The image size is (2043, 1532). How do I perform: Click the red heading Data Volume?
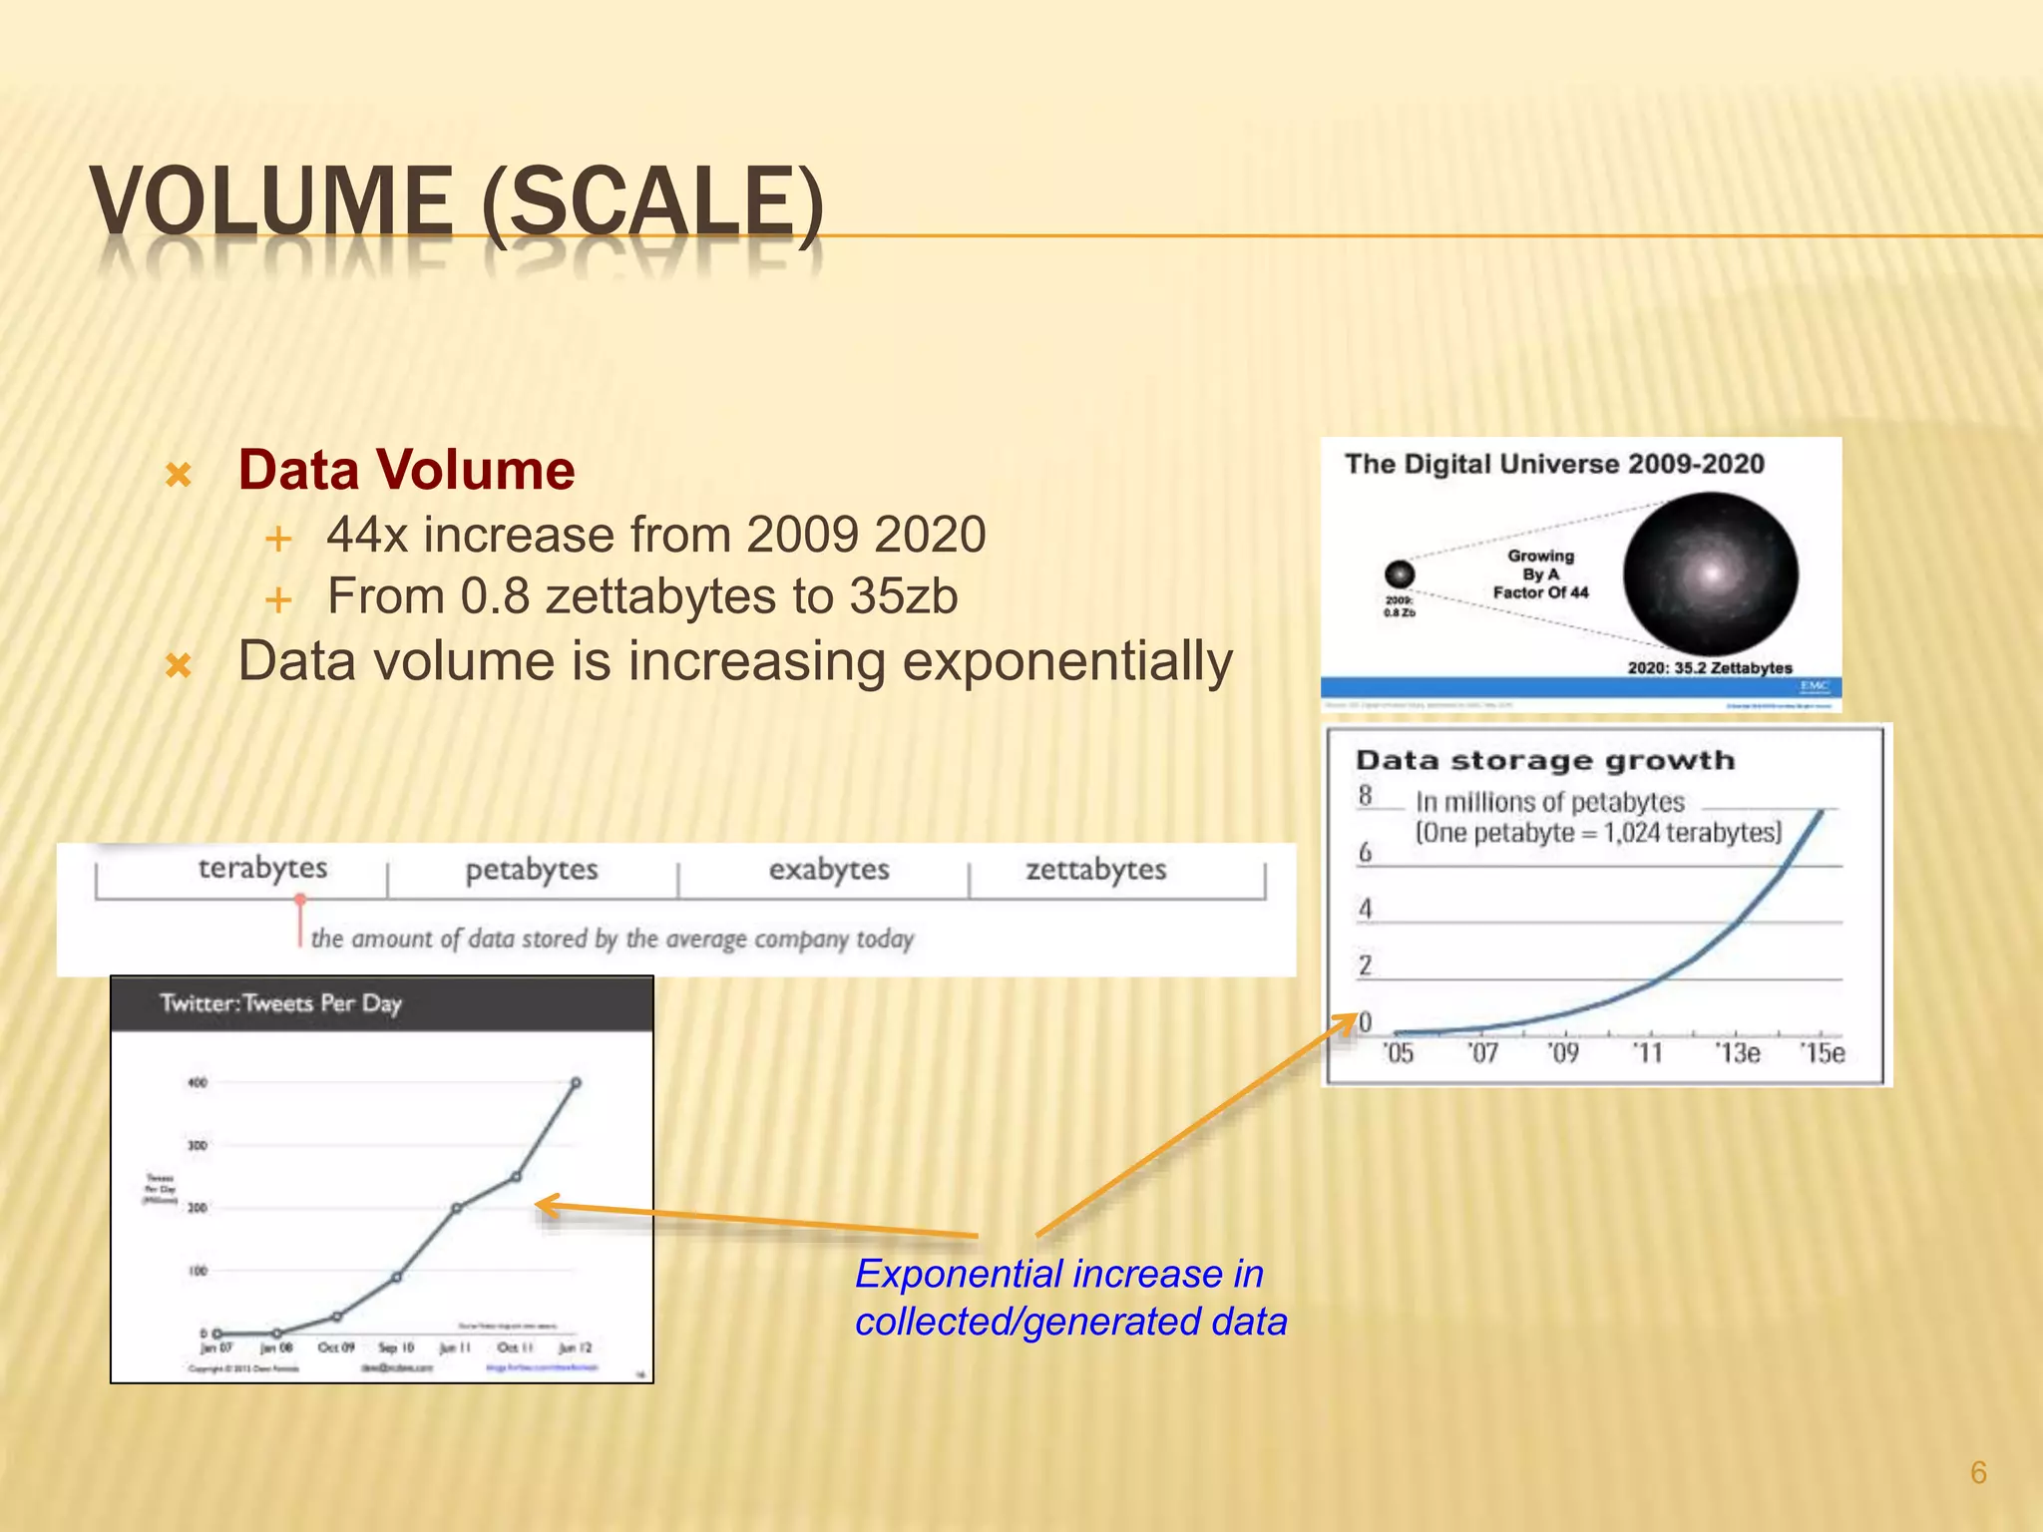click(406, 470)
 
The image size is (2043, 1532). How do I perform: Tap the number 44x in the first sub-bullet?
click(367, 535)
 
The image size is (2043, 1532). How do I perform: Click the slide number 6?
click(1978, 1472)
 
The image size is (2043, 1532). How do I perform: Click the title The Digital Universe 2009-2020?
click(1554, 465)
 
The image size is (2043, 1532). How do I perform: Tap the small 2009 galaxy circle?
click(1400, 574)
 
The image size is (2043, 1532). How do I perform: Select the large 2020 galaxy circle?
click(1710, 574)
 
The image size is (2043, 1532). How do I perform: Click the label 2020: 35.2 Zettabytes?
click(1709, 667)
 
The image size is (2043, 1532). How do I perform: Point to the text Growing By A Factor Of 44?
click(1540, 574)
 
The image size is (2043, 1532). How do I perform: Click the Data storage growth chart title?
click(1545, 761)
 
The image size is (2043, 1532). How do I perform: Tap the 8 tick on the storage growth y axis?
click(1365, 796)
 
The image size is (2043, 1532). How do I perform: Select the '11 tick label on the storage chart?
click(1647, 1053)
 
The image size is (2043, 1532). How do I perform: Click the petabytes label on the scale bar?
click(532, 870)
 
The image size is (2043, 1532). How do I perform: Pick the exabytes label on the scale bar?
click(829, 870)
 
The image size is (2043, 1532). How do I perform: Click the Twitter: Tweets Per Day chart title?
click(280, 1003)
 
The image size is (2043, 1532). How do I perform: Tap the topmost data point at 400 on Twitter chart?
click(576, 1083)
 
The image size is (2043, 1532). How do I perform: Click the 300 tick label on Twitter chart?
click(198, 1146)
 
